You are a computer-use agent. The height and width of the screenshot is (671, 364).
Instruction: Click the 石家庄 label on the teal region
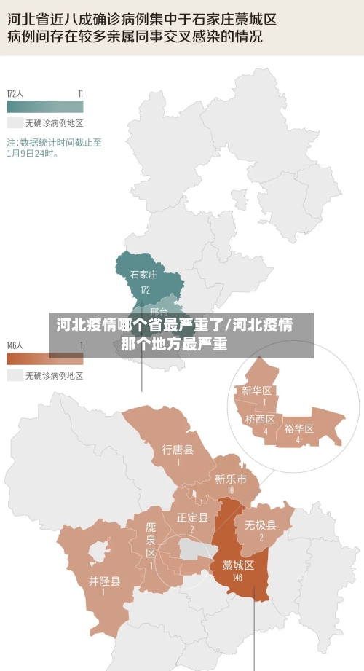click(143, 275)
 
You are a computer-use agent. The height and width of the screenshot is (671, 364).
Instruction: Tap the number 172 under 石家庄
click(145, 289)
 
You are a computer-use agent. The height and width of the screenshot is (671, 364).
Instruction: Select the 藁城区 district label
click(237, 565)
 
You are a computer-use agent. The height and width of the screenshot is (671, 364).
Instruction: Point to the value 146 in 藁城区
click(237, 578)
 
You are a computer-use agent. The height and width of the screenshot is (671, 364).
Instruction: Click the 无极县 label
click(260, 525)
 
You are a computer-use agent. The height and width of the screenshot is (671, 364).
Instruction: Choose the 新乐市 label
click(230, 479)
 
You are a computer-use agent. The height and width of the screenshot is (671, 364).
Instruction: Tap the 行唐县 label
click(178, 449)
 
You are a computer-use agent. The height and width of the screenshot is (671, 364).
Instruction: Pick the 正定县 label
click(192, 517)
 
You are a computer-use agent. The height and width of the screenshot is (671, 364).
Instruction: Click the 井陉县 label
click(105, 581)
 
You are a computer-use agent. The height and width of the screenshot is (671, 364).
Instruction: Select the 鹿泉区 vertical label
click(151, 539)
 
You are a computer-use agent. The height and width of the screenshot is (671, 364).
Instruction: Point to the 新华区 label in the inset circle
click(257, 391)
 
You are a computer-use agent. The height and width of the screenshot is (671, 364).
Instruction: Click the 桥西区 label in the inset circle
click(260, 419)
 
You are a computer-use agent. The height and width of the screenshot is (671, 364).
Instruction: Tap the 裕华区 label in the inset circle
click(298, 428)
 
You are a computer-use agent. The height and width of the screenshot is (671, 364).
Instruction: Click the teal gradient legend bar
click(44, 106)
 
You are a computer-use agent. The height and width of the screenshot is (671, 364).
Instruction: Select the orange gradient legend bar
click(44, 358)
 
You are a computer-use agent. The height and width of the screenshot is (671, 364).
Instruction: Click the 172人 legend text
click(15, 93)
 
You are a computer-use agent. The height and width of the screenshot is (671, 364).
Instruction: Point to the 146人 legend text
click(15, 345)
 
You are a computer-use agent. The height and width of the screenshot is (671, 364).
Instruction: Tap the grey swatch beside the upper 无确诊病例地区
click(15, 122)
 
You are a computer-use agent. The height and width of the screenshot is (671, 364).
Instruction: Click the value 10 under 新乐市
click(230, 490)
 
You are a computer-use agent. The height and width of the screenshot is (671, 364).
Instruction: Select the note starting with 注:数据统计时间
click(54, 148)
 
